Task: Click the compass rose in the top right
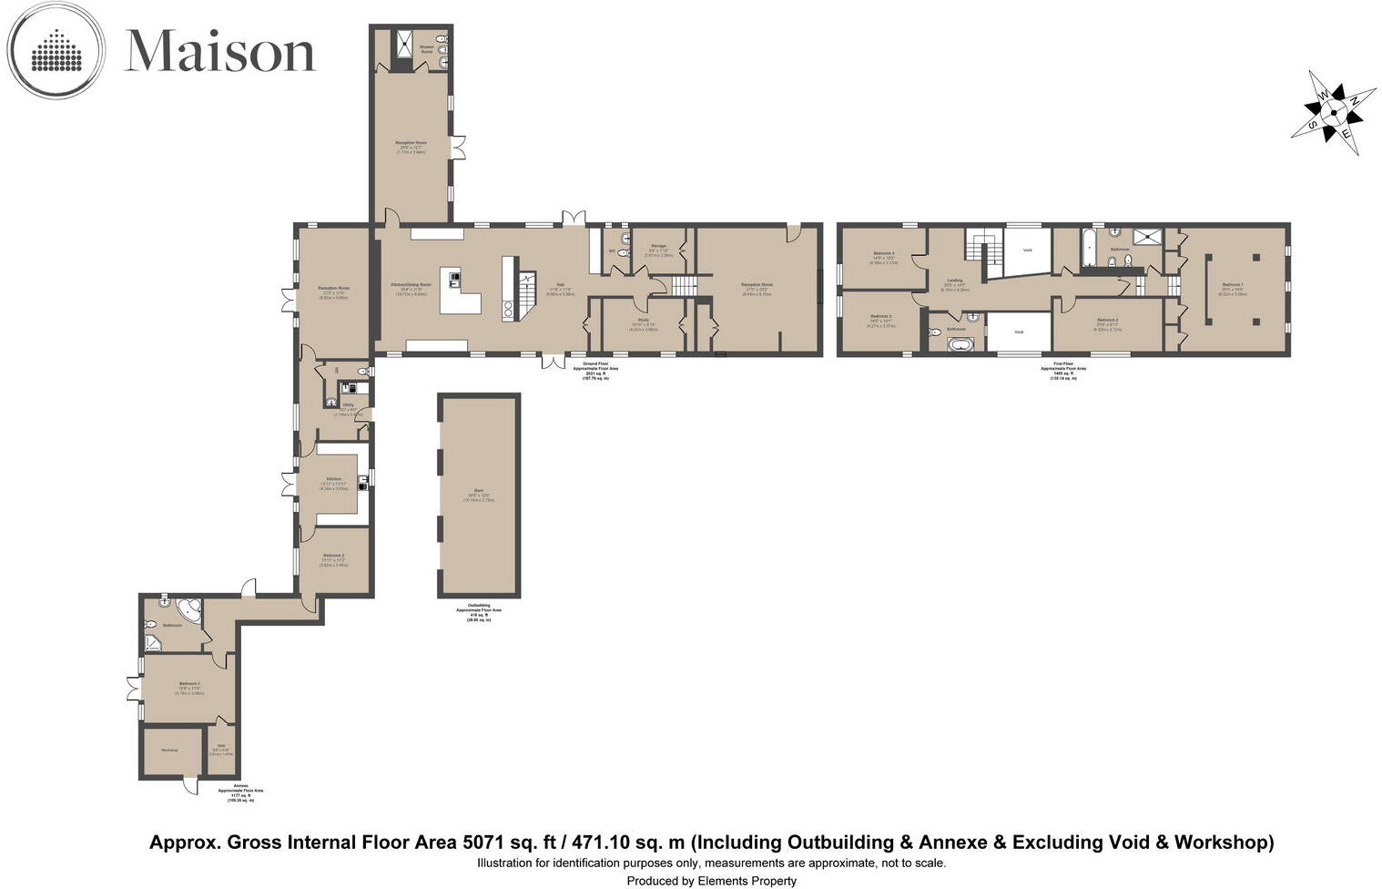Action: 1334,112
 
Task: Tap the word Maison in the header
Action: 219,51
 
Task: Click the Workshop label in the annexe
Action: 169,750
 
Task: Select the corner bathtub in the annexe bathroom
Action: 168,608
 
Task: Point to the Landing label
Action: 954,281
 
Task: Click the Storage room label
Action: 658,246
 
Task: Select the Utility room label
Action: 348,404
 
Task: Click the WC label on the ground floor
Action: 611,250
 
